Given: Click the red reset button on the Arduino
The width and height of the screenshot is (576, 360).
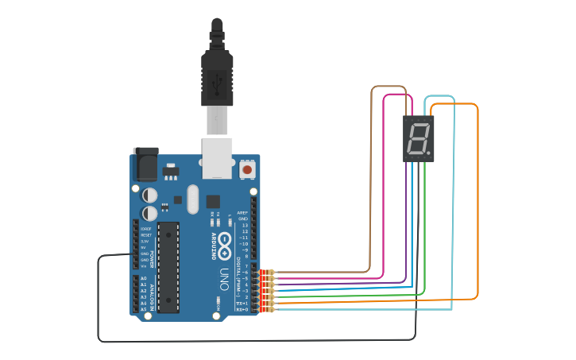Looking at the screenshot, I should (x=247, y=169).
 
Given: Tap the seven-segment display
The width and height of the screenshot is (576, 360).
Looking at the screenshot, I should (x=419, y=139).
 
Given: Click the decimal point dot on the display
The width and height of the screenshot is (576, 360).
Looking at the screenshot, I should (x=430, y=152).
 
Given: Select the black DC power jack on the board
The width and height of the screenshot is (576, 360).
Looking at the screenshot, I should (x=145, y=165).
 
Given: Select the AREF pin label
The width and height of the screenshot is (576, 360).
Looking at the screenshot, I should (x=243, y=212).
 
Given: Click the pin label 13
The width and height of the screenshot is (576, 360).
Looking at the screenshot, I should (x=244, y=225).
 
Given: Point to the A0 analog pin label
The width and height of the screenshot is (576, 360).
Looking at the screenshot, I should (x=144, y=278).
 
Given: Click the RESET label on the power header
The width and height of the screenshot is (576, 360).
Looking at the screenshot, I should (x=145, y=235).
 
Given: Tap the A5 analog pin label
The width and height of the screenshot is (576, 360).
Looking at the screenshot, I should (x=144, y=309).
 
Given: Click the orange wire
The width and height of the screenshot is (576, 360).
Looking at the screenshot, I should (x=477, y=199).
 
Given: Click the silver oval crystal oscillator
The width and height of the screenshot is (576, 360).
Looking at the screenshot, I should (x=192, y=199).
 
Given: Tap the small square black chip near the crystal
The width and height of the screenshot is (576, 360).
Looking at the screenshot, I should (x=213, y=201).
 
